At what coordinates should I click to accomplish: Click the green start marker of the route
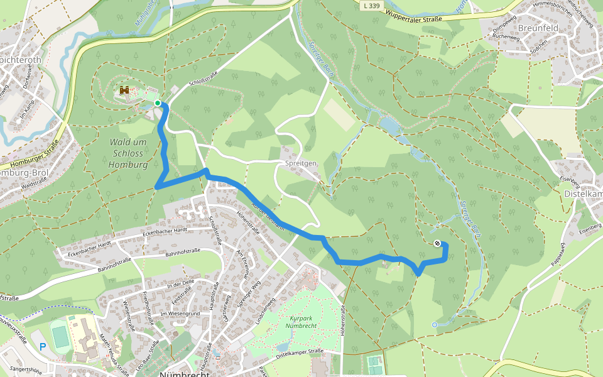tap(158, 103)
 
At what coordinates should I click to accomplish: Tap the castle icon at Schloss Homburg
tap(124, 91)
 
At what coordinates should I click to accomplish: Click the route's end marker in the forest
tap(437, 243)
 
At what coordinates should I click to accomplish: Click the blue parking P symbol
tap(42, 346)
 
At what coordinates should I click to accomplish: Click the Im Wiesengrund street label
tap(180, 314)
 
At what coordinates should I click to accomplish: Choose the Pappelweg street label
tap(556, 254)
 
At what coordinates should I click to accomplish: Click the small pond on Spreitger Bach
tap(389, 126)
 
